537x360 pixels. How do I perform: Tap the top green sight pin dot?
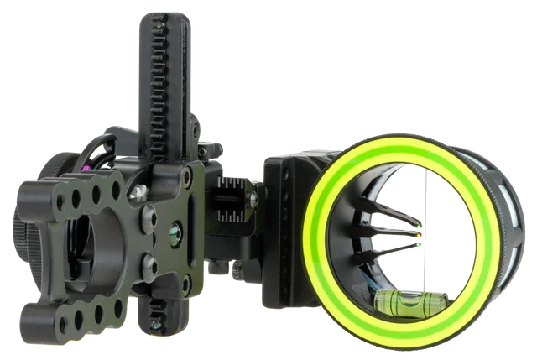[417, 227]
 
